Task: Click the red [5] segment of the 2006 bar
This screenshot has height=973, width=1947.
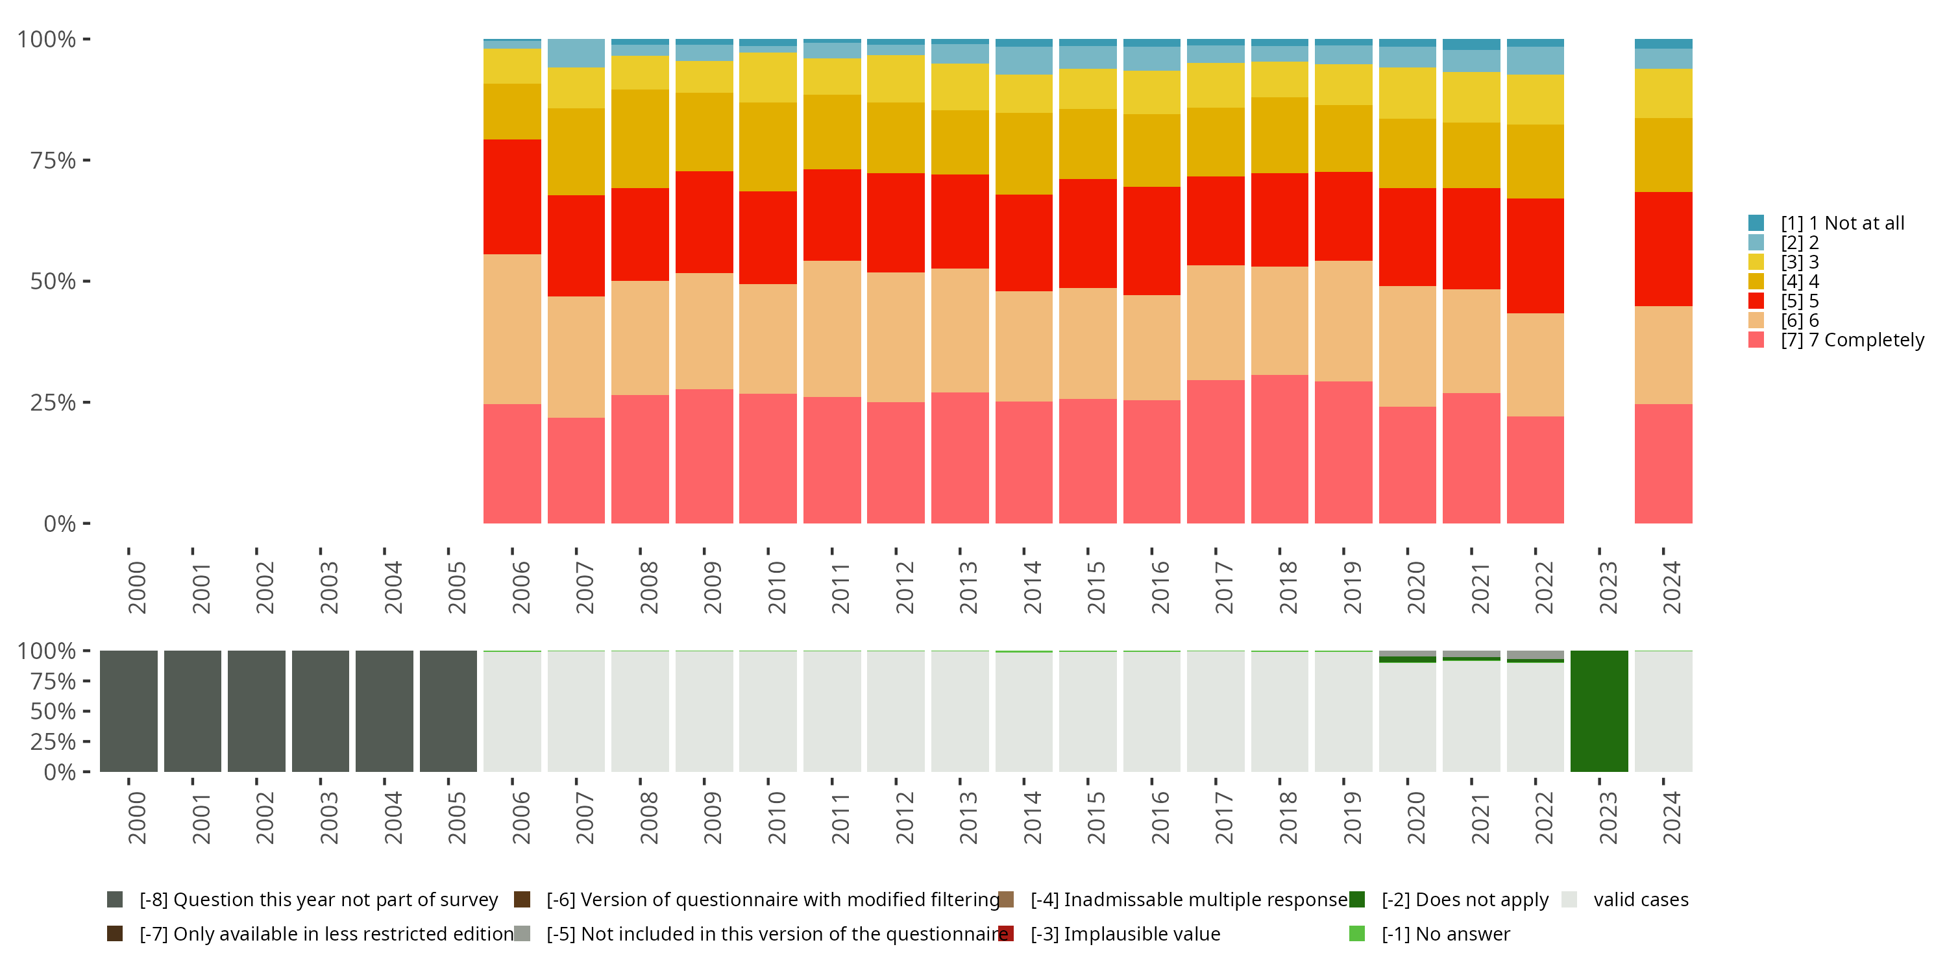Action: click(x=511, y=197)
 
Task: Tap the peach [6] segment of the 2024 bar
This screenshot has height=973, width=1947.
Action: click(x=1663, y=355)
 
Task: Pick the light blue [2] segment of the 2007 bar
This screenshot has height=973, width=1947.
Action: click(x=576, y=54)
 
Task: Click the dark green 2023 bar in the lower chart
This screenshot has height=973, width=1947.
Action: click(x=1598, y=711)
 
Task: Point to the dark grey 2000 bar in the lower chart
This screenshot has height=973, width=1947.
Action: click(x=129, y=711)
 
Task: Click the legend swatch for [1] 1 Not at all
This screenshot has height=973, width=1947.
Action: click(x=1756, y=223)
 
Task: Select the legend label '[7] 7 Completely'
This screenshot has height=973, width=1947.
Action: click(x=1852, y=340)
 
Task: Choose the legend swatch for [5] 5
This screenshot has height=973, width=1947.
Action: click(x=1756, y=301)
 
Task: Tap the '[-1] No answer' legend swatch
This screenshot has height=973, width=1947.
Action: click(x=1356, y=933)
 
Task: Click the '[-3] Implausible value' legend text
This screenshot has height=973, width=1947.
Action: click(x=1125, y=933)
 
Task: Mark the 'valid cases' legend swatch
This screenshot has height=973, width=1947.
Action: click(x=1569, y=900)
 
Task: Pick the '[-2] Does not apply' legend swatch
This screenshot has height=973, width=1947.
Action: click(x=1356, y=900)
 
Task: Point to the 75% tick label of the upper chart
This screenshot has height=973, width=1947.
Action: click(x=53, y=160)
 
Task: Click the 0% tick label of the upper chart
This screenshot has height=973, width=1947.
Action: click(x=60, y=523)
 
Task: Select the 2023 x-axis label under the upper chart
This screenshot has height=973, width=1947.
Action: click(x=1607, y=587)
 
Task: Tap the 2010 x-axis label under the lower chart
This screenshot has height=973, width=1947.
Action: click(x=776, y=817)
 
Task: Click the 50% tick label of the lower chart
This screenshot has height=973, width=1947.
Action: click(x=53, y=711)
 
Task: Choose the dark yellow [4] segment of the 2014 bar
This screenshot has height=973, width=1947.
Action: click(x=1023, y=153)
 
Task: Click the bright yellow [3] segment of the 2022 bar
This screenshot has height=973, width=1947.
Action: click(x=1535, y=99)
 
